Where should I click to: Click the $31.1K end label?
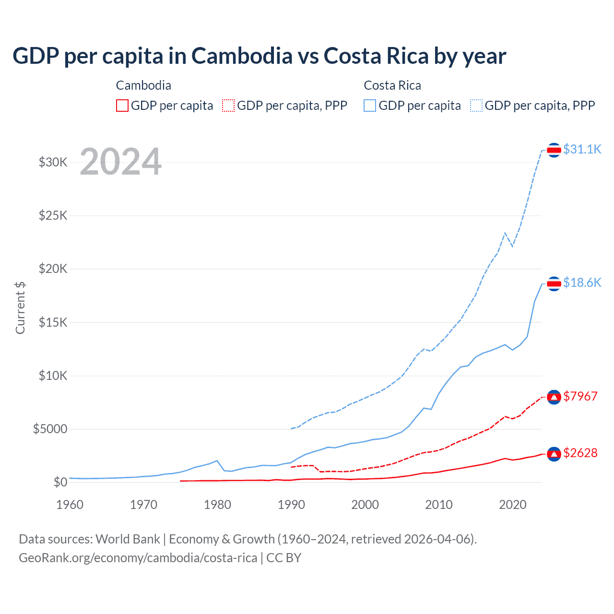[x=582, y=149]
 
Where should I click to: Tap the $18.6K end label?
[x=582, y=283]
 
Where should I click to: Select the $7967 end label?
[x=580, y=396]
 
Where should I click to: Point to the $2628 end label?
[x=580, y=453]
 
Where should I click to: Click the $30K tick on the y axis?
[x=53, y=162]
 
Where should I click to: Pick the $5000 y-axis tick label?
[x=50, y=429]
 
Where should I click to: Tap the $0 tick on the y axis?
[x=60, y=482]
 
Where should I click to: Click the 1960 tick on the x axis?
[x=70, y=505]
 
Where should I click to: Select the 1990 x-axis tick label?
[x=291, y=505]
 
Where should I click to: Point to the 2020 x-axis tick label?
[x=513, y=505]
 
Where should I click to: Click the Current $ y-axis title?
[x=20, y=308]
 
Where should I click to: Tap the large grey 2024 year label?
[x=120, y=162]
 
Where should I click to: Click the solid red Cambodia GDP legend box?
[x=122, y=106]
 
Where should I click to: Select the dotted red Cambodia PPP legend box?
[x=228, y=106]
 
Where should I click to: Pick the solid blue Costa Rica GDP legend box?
[x=370, y=106]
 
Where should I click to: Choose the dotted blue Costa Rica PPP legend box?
[x=476, y=106]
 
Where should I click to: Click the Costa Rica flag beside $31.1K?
[x=554, y=150]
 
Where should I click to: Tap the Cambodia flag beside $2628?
[x=554, y=454]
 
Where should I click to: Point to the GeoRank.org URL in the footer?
[x=138, y=558]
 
